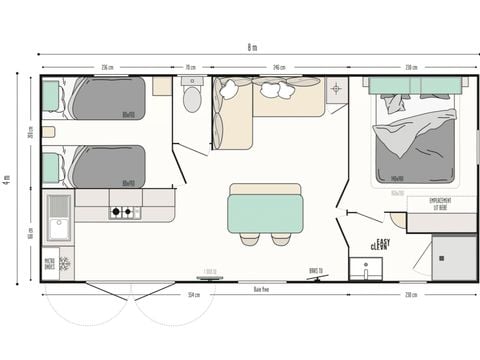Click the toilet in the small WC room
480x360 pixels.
click(192, 98)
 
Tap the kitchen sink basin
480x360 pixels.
click(58, 217)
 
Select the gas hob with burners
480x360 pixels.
click(126, 212)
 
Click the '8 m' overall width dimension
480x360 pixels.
click(252, 48)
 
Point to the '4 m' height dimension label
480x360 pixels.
click(9, 180)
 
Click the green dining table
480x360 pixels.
click(265, 212)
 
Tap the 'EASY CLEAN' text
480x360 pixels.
click(379, 243)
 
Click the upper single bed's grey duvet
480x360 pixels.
click(107, 98)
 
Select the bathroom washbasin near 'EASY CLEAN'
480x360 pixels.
click(366, 268)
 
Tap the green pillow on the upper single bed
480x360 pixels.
click(51, 97)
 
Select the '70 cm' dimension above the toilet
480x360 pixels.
click(190, 67)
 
